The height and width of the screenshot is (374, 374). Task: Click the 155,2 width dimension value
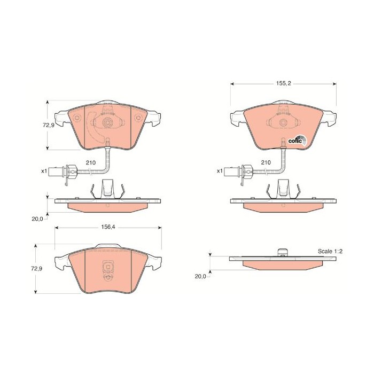pyautogui.click(x=284, y=83)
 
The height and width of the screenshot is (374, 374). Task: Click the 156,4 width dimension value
pyautogui.click(x=108, y=227)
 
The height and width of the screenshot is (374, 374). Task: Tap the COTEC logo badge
pyautogui.click(x=298, y=141)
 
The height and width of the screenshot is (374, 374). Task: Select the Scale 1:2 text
pyautogui.click(x=330, y=251)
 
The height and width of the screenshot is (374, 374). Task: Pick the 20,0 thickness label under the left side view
pyautogui.click(x=37, y=219)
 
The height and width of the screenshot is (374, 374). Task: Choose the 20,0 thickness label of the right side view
pyautogui.click(x=200, y=276)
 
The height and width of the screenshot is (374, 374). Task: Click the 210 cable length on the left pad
pyautogui.click(x=91, y=162)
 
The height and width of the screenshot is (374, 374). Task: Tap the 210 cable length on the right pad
pyautogui.click(x=266, y=162)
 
